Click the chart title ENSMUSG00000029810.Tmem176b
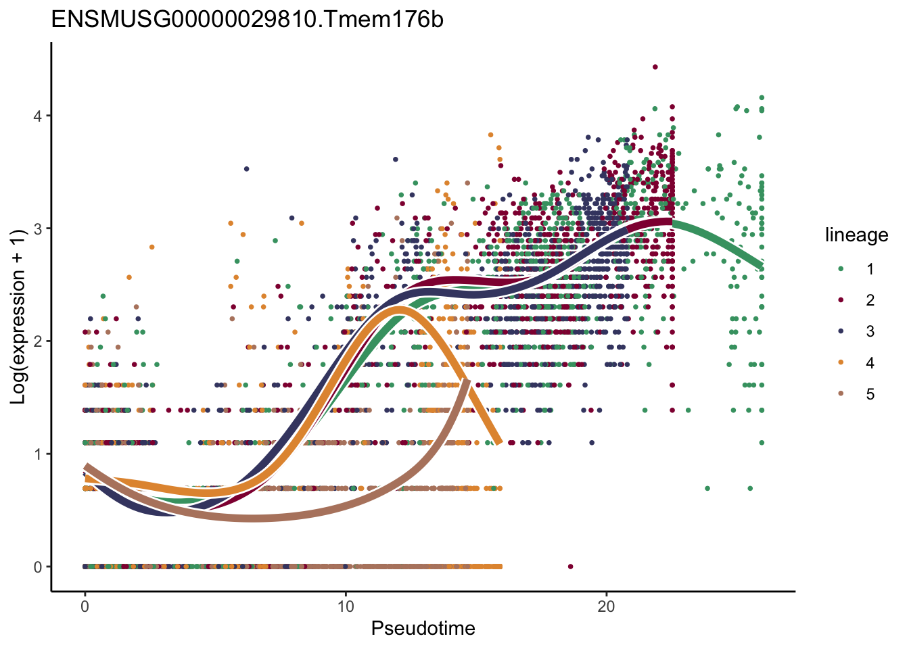(x=247, y=20)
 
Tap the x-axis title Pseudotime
(x=423, y=629)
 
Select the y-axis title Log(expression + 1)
(x=18, y=316)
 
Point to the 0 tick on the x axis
(x=85, y=606)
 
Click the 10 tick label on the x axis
(x=346, y=606)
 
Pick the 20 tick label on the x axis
(x=606, y=606)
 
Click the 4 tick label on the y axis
(x=38, y=116)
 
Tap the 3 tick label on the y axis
(x=38, y=229)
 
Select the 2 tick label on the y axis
(x=38, y=341)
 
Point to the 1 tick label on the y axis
(x=38, y=454)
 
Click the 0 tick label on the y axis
(x=38, y=567)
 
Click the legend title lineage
(x=856, y=235)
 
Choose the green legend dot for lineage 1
(x=841, y=269)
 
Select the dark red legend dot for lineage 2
(x=841, y=300)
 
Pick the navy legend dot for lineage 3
(x=841, y=331)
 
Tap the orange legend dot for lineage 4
(x=841, y=363)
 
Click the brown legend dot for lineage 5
(x=841, y=394)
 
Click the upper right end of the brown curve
(x=467, y=383)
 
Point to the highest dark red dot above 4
(x=655, y=67)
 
